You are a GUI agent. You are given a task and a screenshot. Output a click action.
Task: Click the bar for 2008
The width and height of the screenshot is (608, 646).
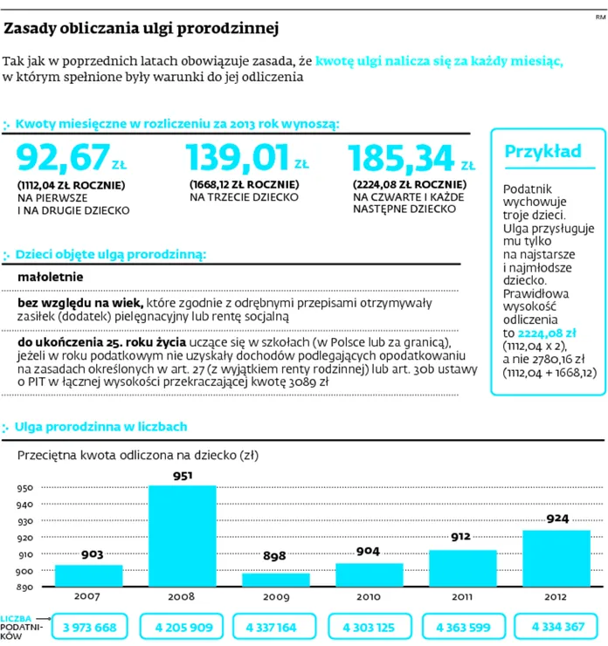point(183,536)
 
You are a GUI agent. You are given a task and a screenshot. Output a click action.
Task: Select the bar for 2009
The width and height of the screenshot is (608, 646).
point(276,580)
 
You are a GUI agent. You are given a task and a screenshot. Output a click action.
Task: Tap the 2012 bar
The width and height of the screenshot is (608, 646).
point(556,558)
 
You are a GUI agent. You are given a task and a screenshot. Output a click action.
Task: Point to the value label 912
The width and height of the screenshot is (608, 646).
point(460,536)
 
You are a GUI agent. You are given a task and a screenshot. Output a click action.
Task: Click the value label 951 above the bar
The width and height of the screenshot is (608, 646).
point(183,476)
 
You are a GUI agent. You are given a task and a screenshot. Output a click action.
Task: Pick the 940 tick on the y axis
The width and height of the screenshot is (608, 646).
point(24,505)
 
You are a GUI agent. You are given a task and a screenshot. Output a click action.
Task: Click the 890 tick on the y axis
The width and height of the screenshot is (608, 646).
point(24,588)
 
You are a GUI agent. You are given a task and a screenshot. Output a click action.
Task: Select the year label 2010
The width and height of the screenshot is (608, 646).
point(369,596)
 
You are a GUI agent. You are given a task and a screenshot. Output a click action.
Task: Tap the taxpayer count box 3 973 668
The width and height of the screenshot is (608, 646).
point(89,627)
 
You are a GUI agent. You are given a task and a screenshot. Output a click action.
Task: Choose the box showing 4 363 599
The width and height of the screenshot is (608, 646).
point(463,627)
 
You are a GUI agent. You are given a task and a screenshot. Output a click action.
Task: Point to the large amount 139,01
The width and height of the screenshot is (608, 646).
point(238,157)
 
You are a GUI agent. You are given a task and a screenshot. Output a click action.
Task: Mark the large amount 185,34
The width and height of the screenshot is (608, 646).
point(402,158)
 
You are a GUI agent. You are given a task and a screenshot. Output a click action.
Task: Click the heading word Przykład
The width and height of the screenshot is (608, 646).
point(542,152)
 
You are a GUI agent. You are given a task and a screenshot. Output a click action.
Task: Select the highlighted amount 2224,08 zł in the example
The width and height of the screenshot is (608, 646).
point(547,333)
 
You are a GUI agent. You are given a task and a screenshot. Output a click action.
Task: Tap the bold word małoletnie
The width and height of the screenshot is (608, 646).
point(51,277)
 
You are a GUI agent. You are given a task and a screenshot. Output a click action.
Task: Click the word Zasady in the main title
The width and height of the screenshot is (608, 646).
point(30,29)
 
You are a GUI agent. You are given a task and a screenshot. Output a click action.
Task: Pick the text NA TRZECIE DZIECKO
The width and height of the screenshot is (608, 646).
point(244,197)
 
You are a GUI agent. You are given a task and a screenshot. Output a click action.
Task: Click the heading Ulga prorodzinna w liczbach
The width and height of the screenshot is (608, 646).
point(100,426)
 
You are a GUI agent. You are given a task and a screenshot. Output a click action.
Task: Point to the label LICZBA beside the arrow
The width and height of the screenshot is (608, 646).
point(16,619)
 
